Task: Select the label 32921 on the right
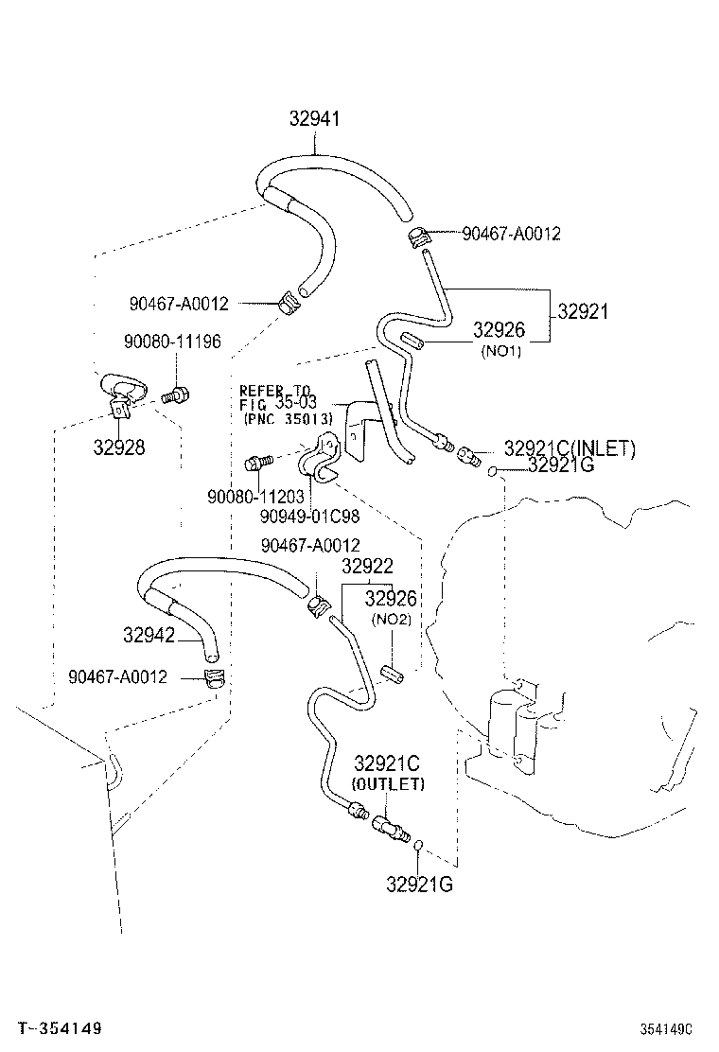pyautogui.click(x=583, y=311)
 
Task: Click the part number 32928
pyautogui.click(x=119, y=447)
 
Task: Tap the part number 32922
pyautogui.click(x=367, y=566)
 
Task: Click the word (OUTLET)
pyautogui.click(x=388, y=784)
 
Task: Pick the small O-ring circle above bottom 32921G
pyautogui.click(x=417, y=846)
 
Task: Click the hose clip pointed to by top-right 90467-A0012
pyautogui.click(x=419, y=237)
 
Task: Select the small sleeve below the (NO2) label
pyautogui.click(x=392, y=675)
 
